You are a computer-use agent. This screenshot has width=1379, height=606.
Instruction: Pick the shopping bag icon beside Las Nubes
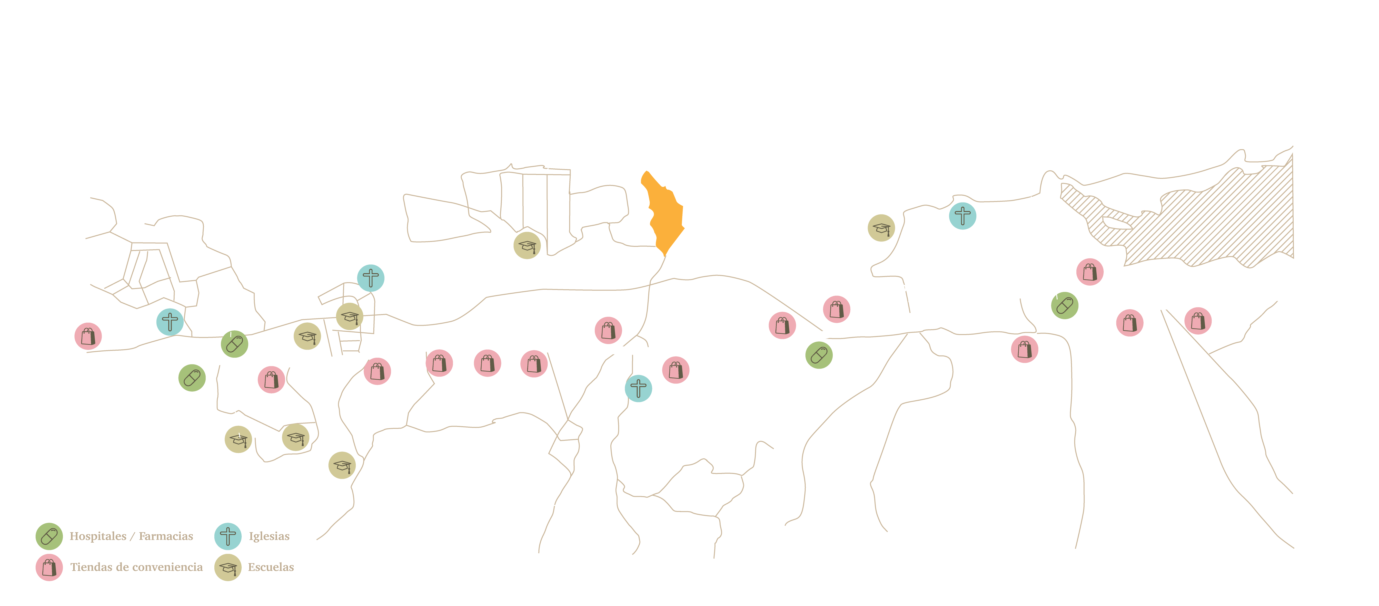(x=675, y=370)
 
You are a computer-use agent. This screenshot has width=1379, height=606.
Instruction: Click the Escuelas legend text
(x=271, y=567)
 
